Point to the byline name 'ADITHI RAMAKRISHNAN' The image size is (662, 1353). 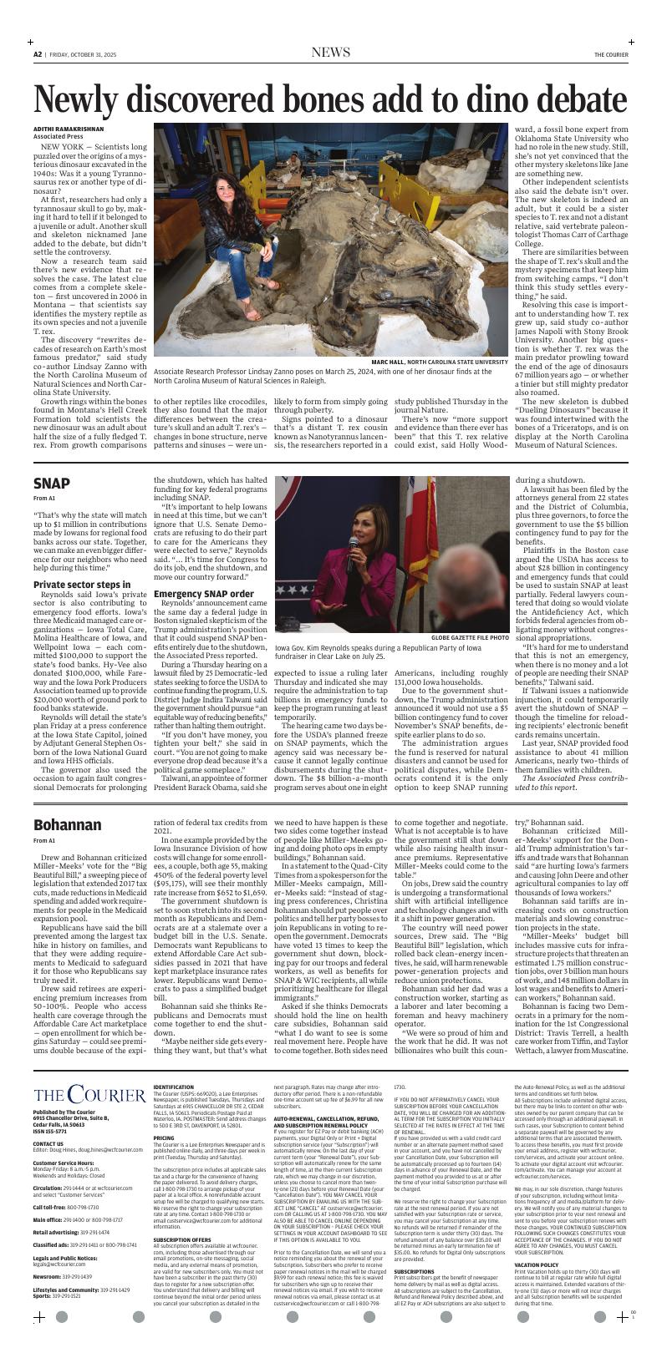pos(69,129)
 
